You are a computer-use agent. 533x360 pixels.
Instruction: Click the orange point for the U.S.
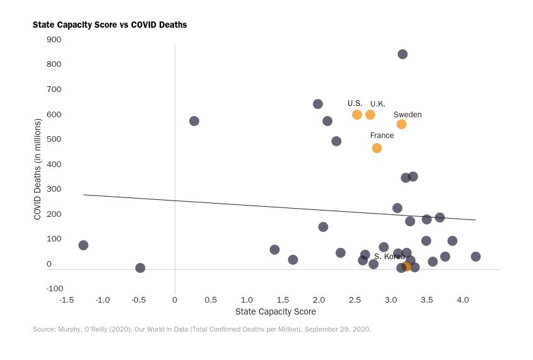point(357,115)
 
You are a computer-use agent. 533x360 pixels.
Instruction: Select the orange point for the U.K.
point(370,115)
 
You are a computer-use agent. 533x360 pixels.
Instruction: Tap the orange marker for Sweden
point(401,124)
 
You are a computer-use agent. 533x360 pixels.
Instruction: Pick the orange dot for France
point(377,148)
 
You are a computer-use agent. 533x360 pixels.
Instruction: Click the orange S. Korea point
point(407,266)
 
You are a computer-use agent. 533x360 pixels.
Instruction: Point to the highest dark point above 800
point(402,54)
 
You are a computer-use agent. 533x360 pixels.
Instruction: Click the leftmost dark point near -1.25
point(83,245)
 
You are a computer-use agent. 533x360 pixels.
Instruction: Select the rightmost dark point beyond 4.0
point(476,257)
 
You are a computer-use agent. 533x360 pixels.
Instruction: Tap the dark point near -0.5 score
point(140,268)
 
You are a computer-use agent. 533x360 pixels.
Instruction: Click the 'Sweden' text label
point(407,115)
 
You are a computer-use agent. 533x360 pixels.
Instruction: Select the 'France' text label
point(382,136)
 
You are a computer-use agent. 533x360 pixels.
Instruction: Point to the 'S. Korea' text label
point(389,257)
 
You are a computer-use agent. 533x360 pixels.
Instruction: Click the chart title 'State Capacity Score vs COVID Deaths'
point(110,25)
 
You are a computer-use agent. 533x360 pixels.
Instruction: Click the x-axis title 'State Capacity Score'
point(275,311)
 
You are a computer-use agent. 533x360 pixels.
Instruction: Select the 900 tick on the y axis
point(54,40)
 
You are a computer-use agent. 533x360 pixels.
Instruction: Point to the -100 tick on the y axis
point(54,289)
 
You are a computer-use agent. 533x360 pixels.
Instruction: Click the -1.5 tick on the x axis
point(66,299)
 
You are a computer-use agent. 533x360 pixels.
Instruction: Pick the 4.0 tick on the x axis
point(462,299)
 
